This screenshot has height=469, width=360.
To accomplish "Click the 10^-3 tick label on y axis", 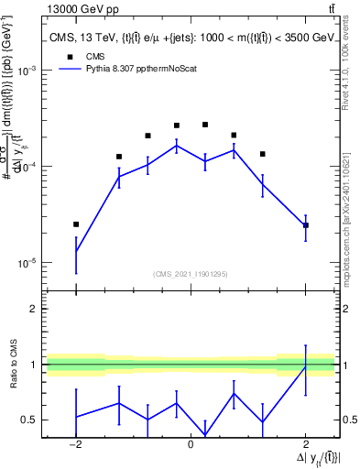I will click(29, 71).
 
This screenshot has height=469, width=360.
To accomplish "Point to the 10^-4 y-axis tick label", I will click(29, 166).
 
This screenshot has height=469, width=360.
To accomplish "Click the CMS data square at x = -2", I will click(76, 224).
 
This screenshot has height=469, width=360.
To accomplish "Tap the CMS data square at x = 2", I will click(305, 224).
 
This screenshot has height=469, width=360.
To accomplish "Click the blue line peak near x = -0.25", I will click(177, 145).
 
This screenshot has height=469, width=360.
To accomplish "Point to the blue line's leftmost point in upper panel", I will click(76, 252).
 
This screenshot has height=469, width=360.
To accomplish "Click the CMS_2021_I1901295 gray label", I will click(190, 274).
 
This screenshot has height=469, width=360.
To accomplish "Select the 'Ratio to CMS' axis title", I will click(13, 365).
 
